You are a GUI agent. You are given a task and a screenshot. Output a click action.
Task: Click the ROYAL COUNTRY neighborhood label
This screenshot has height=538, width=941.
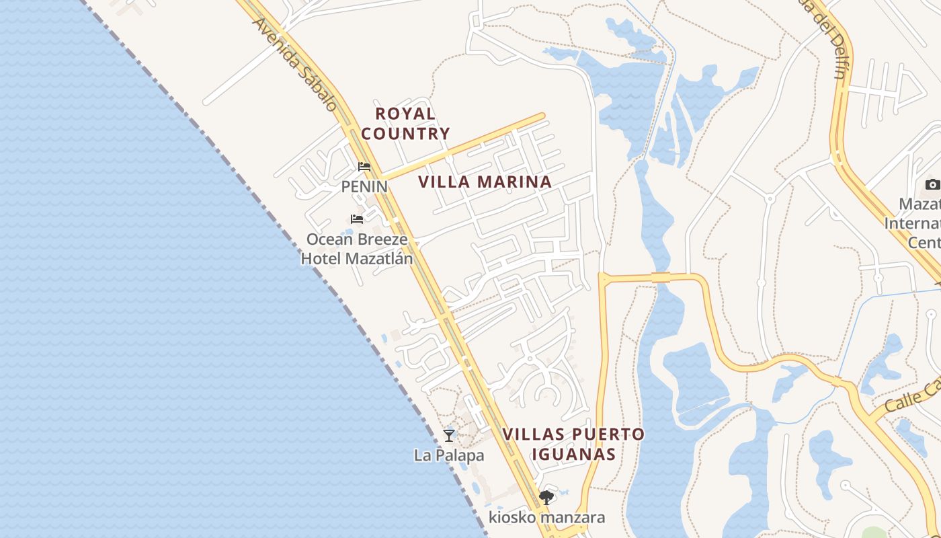[405, 124]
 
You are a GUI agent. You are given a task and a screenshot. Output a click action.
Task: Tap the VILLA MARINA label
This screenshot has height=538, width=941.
[485, 182]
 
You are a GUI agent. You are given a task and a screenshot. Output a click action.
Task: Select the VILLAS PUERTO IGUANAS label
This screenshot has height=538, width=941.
[573, 444]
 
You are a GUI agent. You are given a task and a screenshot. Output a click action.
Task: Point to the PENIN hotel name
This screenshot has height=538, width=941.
[364, 186]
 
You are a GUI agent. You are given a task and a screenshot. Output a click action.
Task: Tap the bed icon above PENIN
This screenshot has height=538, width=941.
[364, 167]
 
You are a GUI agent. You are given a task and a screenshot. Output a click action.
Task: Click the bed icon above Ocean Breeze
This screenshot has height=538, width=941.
[357, 219]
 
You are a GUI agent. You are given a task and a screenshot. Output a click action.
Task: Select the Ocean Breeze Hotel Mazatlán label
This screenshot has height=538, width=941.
[357, 249]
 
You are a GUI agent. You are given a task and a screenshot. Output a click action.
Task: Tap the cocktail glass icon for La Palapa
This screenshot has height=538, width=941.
[449, 436]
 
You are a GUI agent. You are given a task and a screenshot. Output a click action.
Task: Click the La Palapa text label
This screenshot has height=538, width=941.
[449, 455]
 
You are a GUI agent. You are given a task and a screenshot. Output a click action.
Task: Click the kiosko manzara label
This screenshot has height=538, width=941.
[546, 517]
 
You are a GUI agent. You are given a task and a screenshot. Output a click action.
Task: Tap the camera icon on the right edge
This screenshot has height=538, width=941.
[932, 184]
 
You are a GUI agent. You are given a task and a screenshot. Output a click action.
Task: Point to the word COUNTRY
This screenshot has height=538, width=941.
[405, 134]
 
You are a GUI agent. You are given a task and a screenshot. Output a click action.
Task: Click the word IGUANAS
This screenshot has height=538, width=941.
[573, 454]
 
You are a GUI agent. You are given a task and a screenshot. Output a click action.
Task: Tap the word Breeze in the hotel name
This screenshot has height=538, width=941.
[382, 239]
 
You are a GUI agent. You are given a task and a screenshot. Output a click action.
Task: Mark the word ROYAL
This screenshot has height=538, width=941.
[405, 114]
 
